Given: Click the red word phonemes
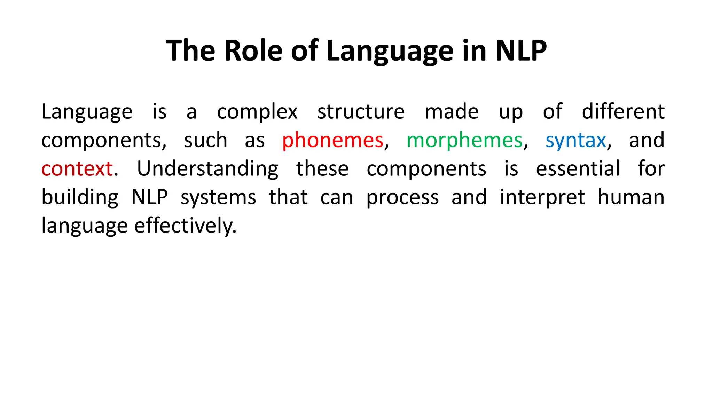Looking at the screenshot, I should coord(332,141).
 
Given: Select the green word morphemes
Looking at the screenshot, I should coord(464,141).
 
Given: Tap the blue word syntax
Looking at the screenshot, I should coord(575,141).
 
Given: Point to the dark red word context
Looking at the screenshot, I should coord(77,169).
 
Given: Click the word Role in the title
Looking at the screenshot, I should coord(253,51).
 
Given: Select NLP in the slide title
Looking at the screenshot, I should coord(520,51).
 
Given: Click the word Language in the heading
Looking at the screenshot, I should coord(390,51).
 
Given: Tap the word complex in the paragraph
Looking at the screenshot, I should coord(257,112).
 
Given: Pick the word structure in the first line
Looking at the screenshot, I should coord(361,112).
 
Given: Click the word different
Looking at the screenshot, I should coord(623,112).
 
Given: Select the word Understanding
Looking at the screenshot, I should coord(207,169).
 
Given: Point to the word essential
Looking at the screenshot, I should coord(578,169).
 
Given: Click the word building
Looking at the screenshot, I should coord(80,197).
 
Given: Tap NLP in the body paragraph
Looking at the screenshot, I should coord(150,197).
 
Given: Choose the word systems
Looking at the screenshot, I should coord(218,197).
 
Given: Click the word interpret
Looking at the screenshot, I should coord(542,197).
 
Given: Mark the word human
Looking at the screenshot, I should coord(631,197).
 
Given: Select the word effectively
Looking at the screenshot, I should coord(185,226).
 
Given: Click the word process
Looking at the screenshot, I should coord(402,197).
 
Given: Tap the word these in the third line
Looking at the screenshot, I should coord(322,169).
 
